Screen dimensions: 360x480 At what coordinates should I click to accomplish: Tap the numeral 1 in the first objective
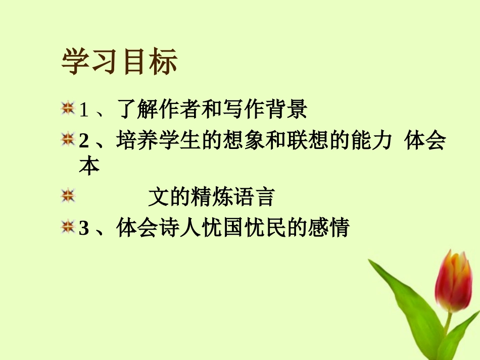84,110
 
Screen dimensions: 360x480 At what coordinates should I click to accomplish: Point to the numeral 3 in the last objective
84,228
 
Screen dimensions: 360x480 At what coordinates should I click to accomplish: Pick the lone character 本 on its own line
89,167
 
